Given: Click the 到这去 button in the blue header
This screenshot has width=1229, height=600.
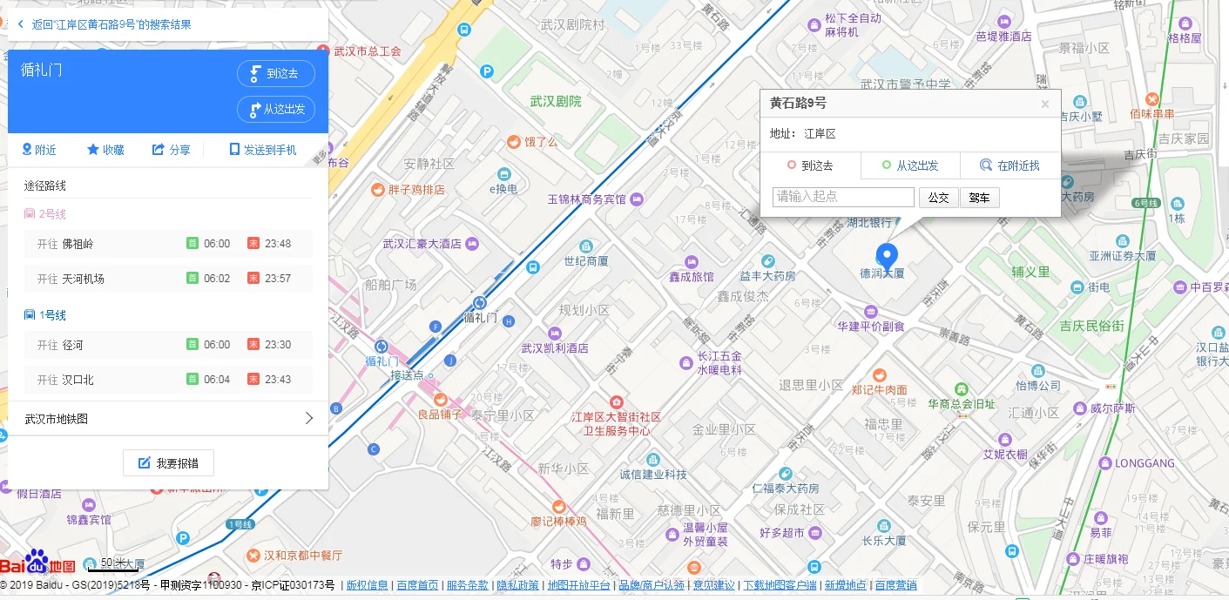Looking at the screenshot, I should tap(275, 74).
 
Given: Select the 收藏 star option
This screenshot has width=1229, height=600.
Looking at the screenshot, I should tap(105, 150).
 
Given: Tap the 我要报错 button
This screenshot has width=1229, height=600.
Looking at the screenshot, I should tap(168, 463).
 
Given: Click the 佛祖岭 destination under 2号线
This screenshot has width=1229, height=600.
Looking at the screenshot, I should tap(78, 244).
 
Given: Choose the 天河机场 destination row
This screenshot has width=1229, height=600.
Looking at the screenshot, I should tap(83, 279).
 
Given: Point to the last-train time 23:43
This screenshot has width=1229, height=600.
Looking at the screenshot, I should tap(278, 380).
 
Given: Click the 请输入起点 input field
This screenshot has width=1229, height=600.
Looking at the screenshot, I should tap(842, 197).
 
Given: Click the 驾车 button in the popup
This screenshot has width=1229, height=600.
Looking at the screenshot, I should tap(979, 198).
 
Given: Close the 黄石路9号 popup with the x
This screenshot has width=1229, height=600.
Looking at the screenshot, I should tap(1044, 104).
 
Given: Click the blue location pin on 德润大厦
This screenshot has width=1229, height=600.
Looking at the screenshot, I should tap(887, 256).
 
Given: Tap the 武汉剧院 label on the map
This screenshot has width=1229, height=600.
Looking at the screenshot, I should tap(555, 102).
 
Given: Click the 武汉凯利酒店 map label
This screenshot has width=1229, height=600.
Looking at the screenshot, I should tap(554, 348).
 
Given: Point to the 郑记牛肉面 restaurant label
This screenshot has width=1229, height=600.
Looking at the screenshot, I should tap(879, 389).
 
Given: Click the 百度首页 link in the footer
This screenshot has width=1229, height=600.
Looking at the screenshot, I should tap(416, 585).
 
